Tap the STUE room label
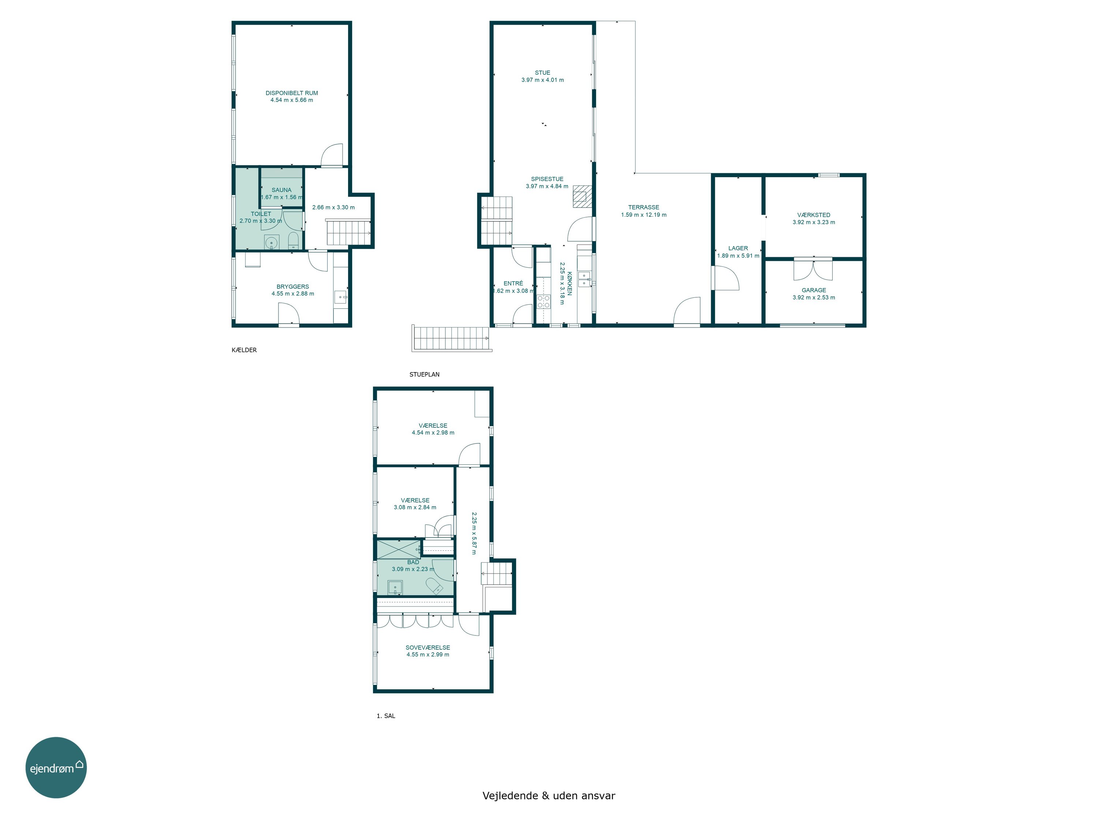(542, 73)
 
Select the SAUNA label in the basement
(281, 190)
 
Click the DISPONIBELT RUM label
(291, 93)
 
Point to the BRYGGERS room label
(293, 287)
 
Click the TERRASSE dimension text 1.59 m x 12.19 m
(644, 215)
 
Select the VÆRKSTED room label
(814, 215)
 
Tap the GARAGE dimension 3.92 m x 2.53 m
(814, 297)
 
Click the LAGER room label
(738, 248)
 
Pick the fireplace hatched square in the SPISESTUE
(582, 196)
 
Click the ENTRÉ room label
(513, 283)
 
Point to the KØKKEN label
(569, 283)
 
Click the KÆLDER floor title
(244, 350)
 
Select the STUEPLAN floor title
(425, 375)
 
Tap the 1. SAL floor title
(386, 716)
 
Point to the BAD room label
(413, 562)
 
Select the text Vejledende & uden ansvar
(549, 796)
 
